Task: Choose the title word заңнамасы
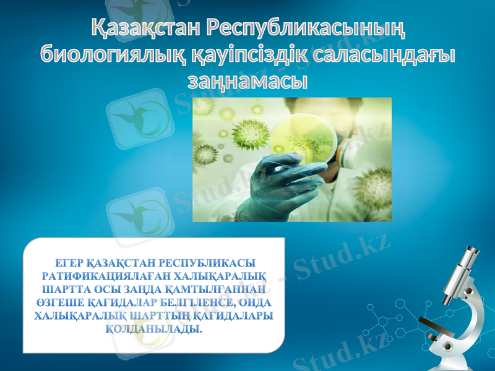click(x=247, y=80)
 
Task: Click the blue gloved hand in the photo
click(x=282, y=179)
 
